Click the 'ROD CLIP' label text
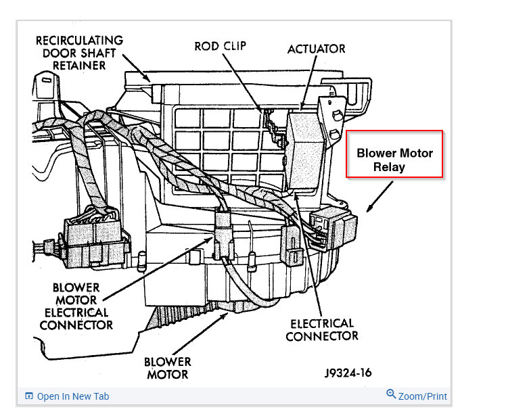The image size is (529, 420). coord(220,47)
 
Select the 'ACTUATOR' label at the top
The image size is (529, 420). coord(316,49)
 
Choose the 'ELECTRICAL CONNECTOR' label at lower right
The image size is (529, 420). coord(322,329)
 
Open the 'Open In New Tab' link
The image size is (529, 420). coord(72,396)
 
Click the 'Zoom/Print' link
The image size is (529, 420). coord(422,396)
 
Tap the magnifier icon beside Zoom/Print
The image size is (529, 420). coord(390,395)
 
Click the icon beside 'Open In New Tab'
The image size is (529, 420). coord(29,396)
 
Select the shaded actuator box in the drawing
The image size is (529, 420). coord(306,149)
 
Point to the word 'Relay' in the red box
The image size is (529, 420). coord(389,166)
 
